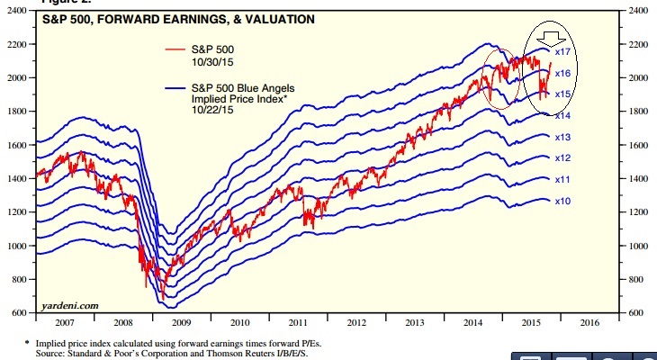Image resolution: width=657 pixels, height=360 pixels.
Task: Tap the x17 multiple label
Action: click(564, 53)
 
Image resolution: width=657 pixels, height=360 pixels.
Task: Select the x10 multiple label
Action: click(564, 201)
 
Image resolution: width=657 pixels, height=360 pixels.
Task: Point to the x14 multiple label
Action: click(564, 116)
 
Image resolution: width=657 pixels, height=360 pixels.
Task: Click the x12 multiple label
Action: click(564, 158)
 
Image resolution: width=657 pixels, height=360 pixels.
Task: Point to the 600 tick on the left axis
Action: click(20, 312)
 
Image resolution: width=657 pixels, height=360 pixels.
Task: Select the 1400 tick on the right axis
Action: click(638, 178)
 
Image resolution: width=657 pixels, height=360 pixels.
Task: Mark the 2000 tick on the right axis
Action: click(638, 78)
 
